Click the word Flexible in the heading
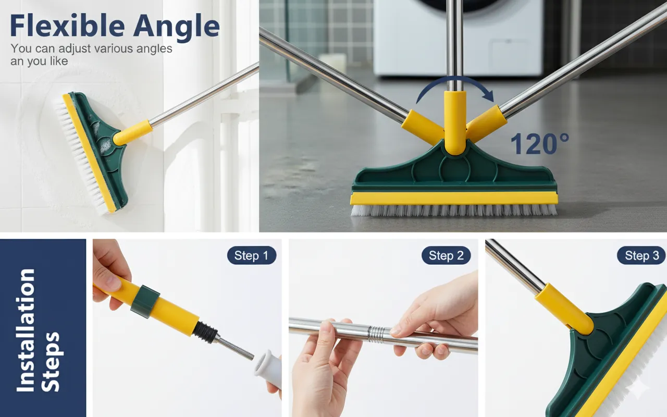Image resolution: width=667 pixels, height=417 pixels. click(67, 26)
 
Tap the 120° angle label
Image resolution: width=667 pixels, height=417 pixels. click(539, 144)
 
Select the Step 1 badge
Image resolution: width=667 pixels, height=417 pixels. click(252, 255)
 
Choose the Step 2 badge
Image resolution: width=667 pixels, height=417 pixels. click(446, 255)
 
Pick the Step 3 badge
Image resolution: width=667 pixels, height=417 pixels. click(641, 255)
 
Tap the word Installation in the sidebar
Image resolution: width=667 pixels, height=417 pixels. click(26, 330)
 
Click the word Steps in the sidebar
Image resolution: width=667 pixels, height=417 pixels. click(51, 362)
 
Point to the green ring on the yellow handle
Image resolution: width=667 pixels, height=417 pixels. click(145, 301)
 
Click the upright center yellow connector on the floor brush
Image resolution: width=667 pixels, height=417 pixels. click(455, 122)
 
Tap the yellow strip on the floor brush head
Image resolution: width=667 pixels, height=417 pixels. click(454, 199)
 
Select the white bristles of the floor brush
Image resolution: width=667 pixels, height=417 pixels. click(454, 210)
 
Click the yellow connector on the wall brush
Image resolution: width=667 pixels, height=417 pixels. click(133, 132)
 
